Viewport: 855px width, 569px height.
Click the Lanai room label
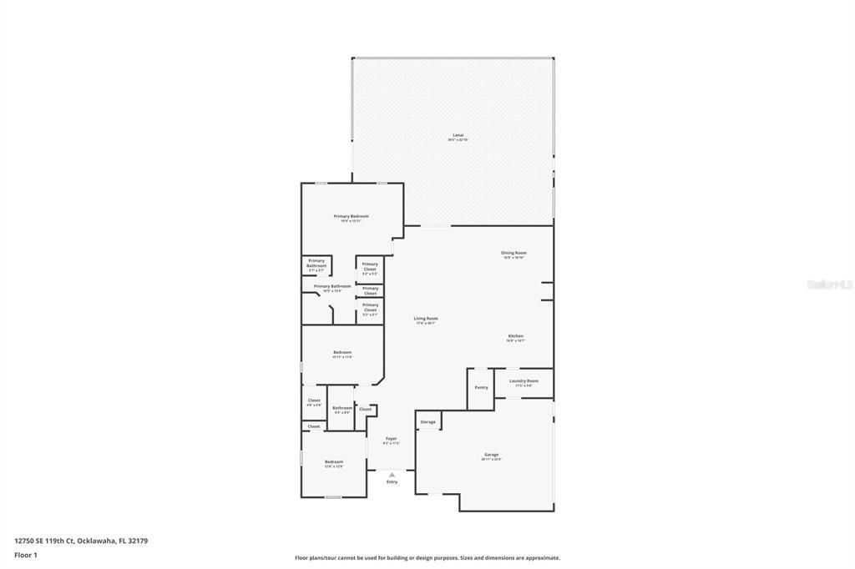[x=458, y=135]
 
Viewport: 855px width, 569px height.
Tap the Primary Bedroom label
[x=351, y=217]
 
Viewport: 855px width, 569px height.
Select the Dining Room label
[x=514, y=253]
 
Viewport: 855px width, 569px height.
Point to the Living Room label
[x=426, y=319]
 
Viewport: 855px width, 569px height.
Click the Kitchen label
[x=515, y=336]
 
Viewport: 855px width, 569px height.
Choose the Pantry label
[x=481, y=387]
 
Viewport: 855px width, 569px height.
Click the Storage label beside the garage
[x=427, y=422]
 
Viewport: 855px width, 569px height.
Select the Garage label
[x=491, y=455]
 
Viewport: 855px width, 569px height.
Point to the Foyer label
[x=391, y=439]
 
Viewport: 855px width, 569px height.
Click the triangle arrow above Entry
[x=392, y=475]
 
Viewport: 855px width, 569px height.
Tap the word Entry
[x=392, y=482]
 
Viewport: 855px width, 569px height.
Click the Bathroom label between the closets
[x=342, y=408]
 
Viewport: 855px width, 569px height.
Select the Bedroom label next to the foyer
[x=334, y=462]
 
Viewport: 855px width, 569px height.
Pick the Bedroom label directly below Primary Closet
[x=342, y=353]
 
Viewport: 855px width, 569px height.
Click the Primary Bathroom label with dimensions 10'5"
[x=332, y=286]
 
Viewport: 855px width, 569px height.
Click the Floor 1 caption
[x=26, y=555]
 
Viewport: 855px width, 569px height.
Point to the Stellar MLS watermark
[x=830, y=284]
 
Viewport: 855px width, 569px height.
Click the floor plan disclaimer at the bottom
[x=427, y=558]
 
